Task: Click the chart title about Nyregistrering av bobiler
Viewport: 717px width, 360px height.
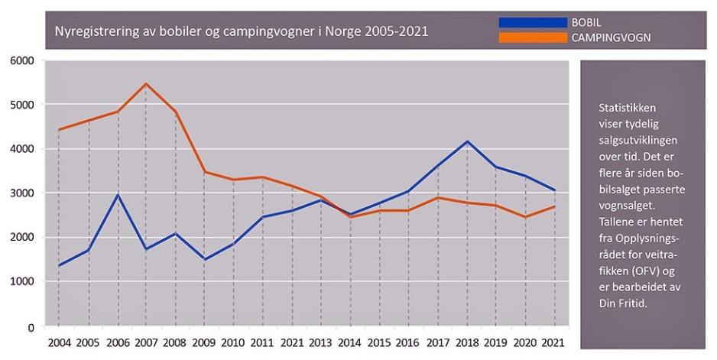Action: [241, 32]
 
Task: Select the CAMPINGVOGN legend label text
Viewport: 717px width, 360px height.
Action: [611, 37]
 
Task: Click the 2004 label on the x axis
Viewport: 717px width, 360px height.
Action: [60, 342]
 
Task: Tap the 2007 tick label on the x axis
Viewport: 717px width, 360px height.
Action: [146, 342]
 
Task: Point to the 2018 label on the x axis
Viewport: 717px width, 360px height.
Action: [468, 342]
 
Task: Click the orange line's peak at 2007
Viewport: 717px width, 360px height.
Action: [146, 83]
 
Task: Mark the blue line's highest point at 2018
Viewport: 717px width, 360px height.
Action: [468, 141]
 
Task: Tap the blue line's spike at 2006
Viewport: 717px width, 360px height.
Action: [118, 195]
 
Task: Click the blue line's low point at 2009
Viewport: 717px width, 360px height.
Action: [204, 259]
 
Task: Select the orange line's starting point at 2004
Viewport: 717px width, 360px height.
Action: [60, 130]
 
